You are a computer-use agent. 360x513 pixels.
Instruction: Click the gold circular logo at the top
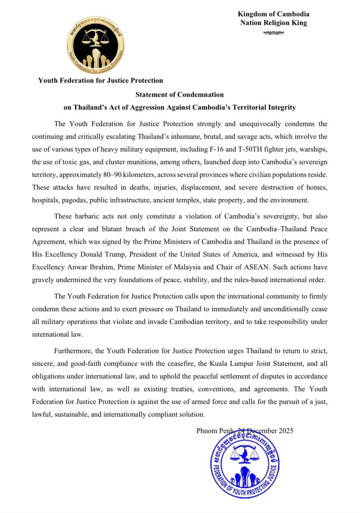95,45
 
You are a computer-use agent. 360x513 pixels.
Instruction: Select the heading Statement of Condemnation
179,95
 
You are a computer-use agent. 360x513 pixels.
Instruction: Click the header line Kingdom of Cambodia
274,14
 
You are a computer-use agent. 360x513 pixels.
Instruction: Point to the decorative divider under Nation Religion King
274,33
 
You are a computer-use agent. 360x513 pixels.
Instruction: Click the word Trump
125,254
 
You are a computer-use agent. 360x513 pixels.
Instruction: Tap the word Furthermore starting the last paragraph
73,351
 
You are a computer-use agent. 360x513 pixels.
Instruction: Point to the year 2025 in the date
285,431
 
